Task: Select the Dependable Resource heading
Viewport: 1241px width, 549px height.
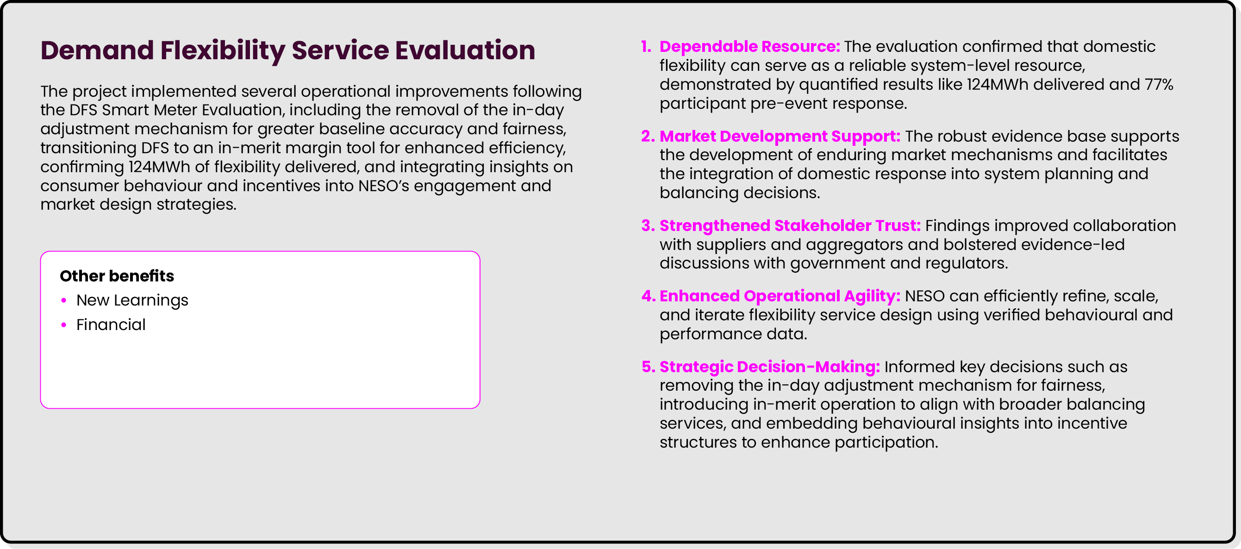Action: pyautogui.click(x=749, y=47)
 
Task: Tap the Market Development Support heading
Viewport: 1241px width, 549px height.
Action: pyautogui.click(x=780, y=136)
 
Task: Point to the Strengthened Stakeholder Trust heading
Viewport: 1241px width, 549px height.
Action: pyautogui.click(x=790, y=226)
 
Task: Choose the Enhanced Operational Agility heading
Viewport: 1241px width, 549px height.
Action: pyautogui.click(x=780, y=296)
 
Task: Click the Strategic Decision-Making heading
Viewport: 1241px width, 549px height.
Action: pyautogui.click(x=769, y=367)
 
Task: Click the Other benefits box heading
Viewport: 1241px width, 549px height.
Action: pyautogui.click(x=117, y=276)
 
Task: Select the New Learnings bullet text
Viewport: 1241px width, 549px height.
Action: pyautogui.click(x=132, y=300)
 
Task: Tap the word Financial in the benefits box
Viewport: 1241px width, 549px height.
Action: pyautogui.click(x=111, y=325)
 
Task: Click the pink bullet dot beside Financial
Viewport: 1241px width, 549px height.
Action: pyautogui.click(x=63, y=325)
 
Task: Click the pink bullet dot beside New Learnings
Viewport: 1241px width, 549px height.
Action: pyautogui.click(x=63, y=300)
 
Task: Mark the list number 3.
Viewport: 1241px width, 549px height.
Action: pyautogui.click(x=647, y=226)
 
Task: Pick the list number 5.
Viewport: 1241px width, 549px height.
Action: pyautogui.click(x=648, y=367)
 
